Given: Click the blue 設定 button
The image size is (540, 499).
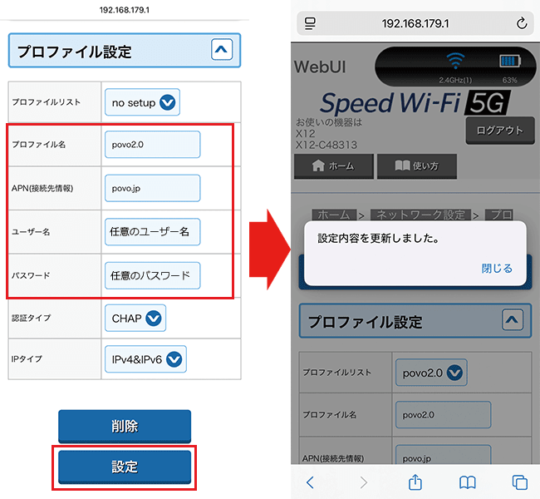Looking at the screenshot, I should [x=125, y=467].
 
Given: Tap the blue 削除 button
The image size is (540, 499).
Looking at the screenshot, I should [x=125, y=427].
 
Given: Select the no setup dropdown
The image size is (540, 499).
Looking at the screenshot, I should [x=142, y=102].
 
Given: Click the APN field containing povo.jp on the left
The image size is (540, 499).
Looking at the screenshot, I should [x=153, y=188].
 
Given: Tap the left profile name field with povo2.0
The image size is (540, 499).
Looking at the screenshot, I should [x=153, y=144].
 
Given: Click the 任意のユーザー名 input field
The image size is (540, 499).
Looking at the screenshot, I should [x=153, y=232].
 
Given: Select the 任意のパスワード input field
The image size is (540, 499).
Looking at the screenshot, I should [x=153, y=275].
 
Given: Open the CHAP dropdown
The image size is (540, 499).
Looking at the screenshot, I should [x=135, y=318].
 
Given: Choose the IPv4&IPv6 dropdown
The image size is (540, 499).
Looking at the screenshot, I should [x=145, y=359].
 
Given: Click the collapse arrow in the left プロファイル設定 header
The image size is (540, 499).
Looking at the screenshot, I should [x=222, y=51].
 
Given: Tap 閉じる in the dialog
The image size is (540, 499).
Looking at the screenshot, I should [x=497, y=269].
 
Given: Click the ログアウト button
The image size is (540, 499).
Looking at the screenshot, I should [x=500, y=130].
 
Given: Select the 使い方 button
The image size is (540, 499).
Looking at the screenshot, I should [x=415, y=166].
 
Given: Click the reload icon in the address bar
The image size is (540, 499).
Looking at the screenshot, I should [x=521, y=23].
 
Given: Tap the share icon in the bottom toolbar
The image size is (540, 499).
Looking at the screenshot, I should [x=415, y=482].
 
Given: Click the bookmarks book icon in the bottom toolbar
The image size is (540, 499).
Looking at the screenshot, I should [x=468, y=482].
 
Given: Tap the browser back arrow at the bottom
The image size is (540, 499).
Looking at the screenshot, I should [x=311, y=482].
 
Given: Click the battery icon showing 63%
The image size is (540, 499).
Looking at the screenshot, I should [x=508, y=61].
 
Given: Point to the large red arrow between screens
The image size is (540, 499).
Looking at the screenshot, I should [x=269, y=250].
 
